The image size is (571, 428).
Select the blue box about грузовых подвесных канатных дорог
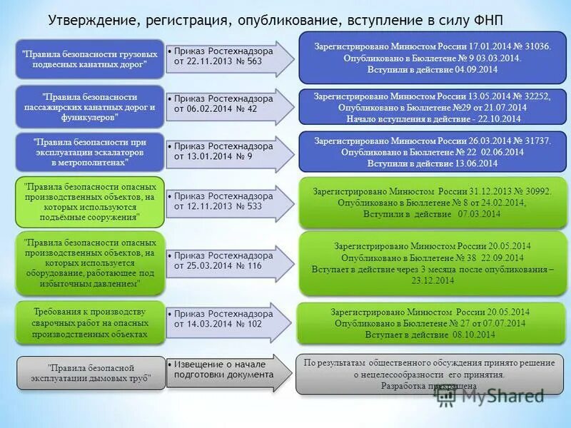click(x=91, y=59)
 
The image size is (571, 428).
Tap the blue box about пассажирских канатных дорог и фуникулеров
click(x=91, y=106)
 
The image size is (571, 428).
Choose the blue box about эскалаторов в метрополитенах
click(x=91, y=153)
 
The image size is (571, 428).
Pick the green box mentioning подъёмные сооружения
click(x=91, y=201)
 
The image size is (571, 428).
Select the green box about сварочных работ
click(x=91, y=322)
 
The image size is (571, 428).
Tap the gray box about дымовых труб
click(x=91, y=372)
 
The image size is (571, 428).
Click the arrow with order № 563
click(x=228, y=58)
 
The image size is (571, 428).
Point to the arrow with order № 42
click(x=228, y=106)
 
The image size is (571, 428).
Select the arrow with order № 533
click(x=228, y=202)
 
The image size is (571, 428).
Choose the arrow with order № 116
click(x=228, y=260)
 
